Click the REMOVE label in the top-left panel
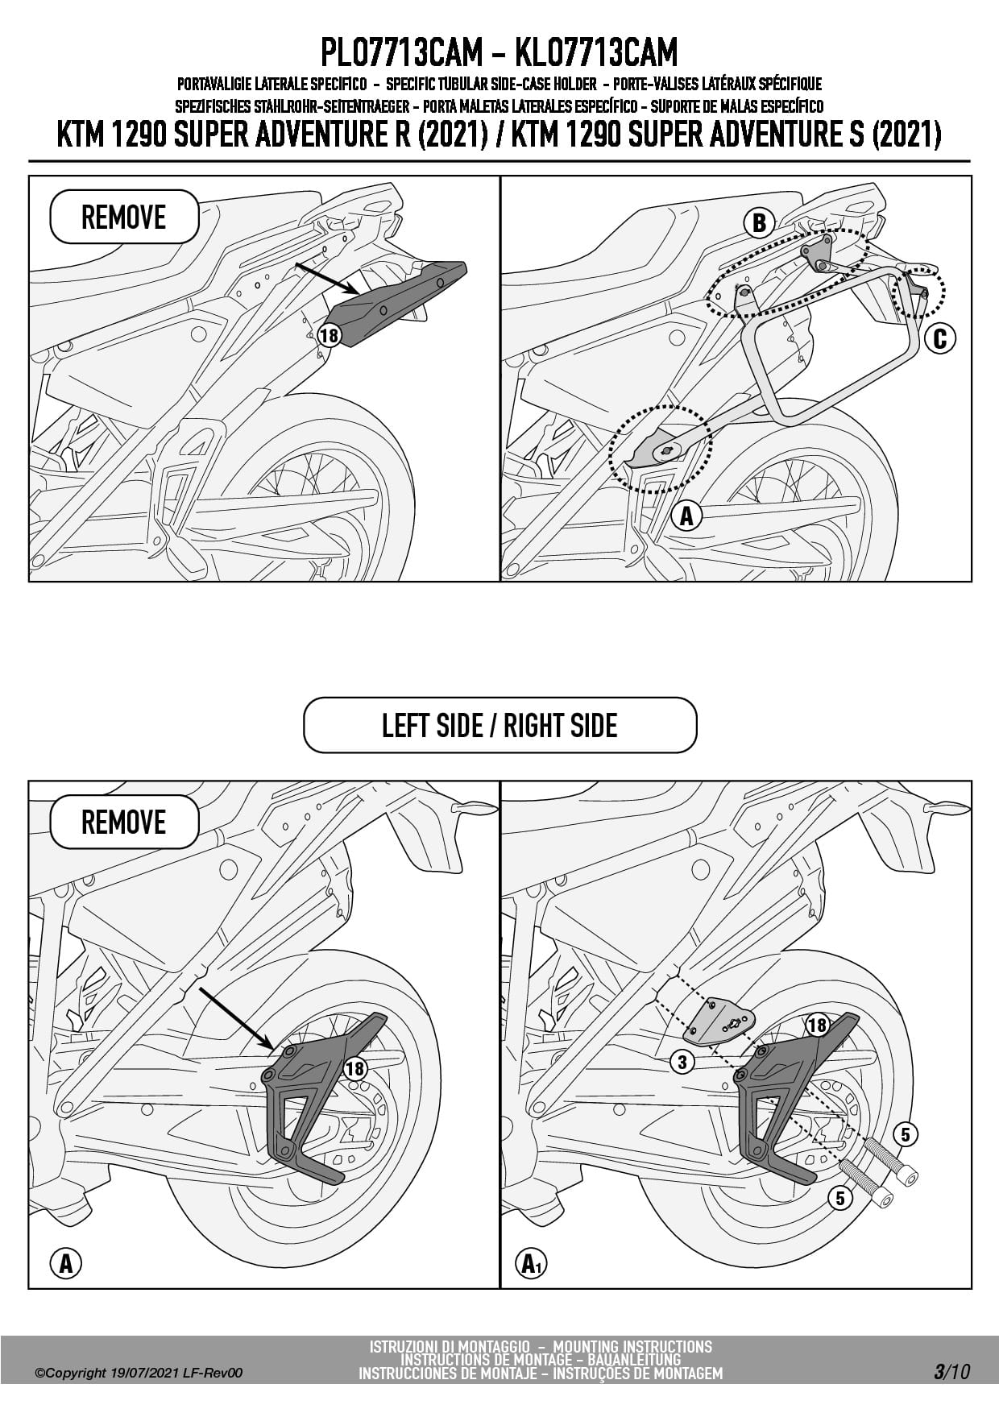point(124,218)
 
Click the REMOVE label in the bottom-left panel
point(124,823)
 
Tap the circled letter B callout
point(759,222)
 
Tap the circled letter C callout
point(939,339)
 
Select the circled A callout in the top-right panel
point(686,515)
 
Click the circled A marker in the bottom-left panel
point(66,1264)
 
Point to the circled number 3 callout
point(682,1062)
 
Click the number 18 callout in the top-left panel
point(329,334)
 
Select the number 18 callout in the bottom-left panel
point(354,1068)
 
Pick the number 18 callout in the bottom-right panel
point(817,1025)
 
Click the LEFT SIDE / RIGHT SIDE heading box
point(499,725)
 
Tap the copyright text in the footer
point(139,1373)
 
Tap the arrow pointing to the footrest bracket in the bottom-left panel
point(234,1017)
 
